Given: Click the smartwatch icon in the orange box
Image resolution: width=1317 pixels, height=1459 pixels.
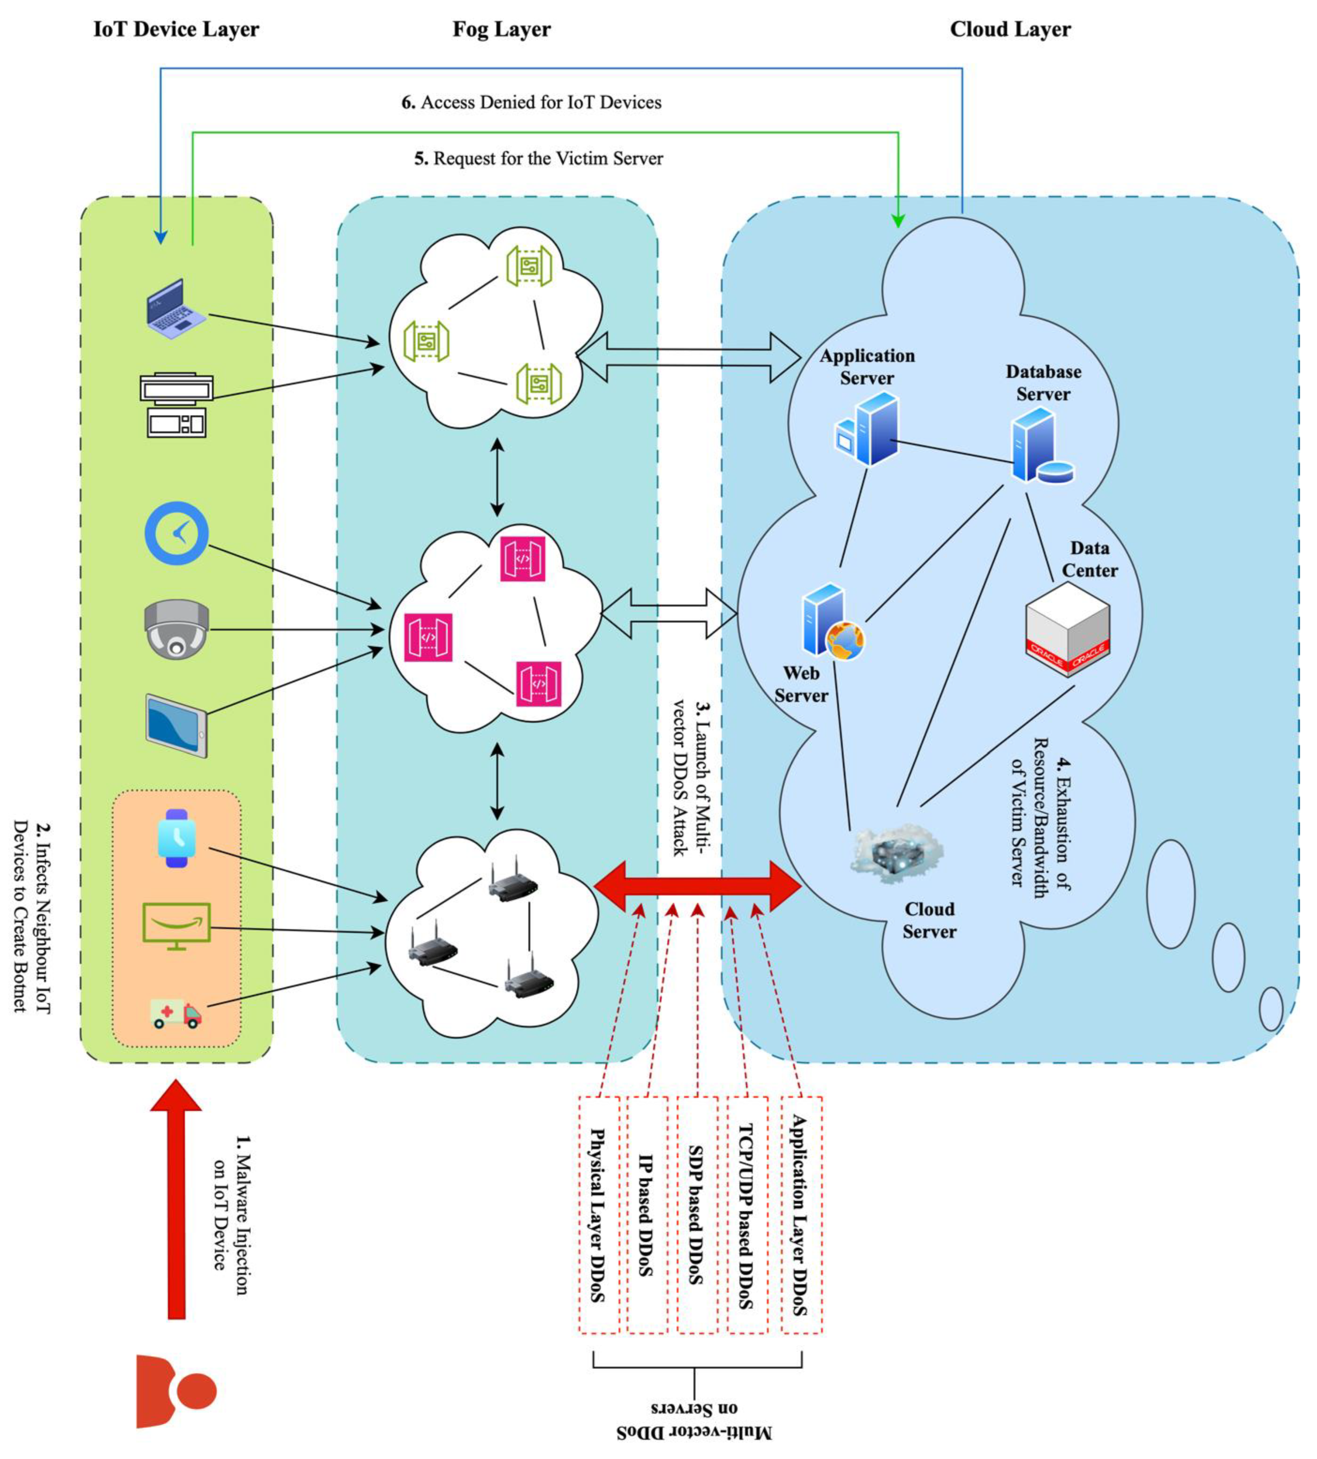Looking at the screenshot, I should [176, 838].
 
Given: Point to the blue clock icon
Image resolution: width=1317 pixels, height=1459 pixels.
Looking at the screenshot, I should [176, 533].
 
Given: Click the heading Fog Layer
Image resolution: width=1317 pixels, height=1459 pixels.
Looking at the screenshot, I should [502, 30].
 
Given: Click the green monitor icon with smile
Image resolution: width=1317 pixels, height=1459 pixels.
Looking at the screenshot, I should [176, 926].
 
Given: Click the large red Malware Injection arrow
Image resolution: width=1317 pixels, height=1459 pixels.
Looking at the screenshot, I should [176, 1202].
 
